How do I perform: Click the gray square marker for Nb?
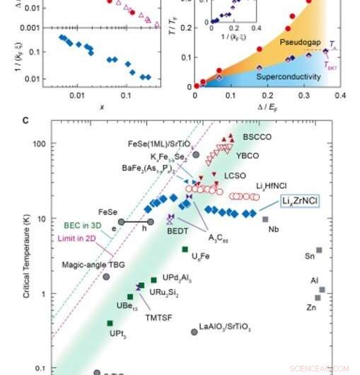265,219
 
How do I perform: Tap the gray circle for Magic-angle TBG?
106,276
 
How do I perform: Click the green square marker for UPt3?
110,323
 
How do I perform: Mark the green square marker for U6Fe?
185,249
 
